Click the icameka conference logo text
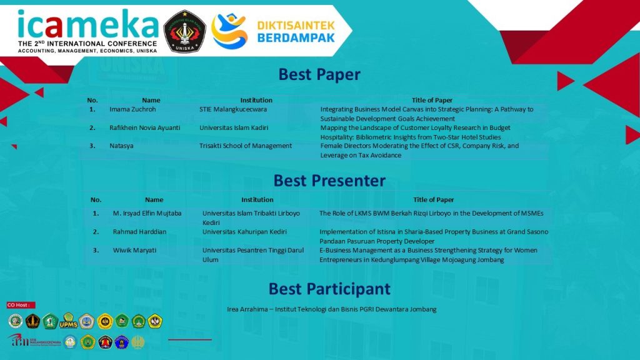[87, 24]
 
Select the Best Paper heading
[319, 74]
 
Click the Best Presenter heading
[329, 181]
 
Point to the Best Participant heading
[329, 289]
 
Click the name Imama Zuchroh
[132, 109]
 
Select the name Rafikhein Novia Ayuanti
[145, 127]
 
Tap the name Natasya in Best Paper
[121, 146]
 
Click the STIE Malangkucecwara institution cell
[233, 109]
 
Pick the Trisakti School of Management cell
[246, 146]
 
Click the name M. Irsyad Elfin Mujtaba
[147, 213]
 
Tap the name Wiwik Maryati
[134, 250]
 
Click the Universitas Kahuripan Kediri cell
[244, 232]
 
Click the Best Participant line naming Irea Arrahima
[331, 309]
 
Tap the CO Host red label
[21, 305]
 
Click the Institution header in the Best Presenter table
[257, 200]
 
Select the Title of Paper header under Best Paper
[432, 100]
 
